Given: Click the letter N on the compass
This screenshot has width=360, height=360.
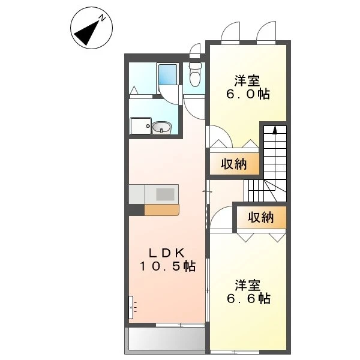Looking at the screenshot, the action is [102, 17].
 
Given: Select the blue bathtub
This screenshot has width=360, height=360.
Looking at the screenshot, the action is [167, 74].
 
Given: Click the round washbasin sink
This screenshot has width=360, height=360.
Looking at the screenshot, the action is [161, 127].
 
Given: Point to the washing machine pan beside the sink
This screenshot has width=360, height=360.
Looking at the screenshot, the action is [140, 125].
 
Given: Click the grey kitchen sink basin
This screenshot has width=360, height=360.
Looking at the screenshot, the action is [165, 194].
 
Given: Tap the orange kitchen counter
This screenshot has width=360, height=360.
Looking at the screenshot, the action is [161, 210].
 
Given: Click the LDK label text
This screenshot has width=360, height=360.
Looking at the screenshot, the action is [167, 253].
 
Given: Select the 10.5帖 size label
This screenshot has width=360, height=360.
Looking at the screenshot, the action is [167, 266].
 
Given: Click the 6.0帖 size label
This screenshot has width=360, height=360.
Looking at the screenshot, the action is [248, 94].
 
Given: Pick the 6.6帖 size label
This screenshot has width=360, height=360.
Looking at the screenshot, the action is [248, 298].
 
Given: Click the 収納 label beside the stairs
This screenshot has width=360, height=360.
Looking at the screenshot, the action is [234, 164].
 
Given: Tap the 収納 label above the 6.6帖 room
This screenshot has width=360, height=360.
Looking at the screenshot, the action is [260, 217].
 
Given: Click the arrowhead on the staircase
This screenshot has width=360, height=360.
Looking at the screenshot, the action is [275, 130].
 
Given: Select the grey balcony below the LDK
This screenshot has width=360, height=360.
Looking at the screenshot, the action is [165, 339].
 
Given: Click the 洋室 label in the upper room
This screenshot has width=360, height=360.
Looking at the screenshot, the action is [247, 80].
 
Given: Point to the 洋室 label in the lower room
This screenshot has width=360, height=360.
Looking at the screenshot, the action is [247, 285].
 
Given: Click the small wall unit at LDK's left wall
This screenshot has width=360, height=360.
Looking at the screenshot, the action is [131, 307].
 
